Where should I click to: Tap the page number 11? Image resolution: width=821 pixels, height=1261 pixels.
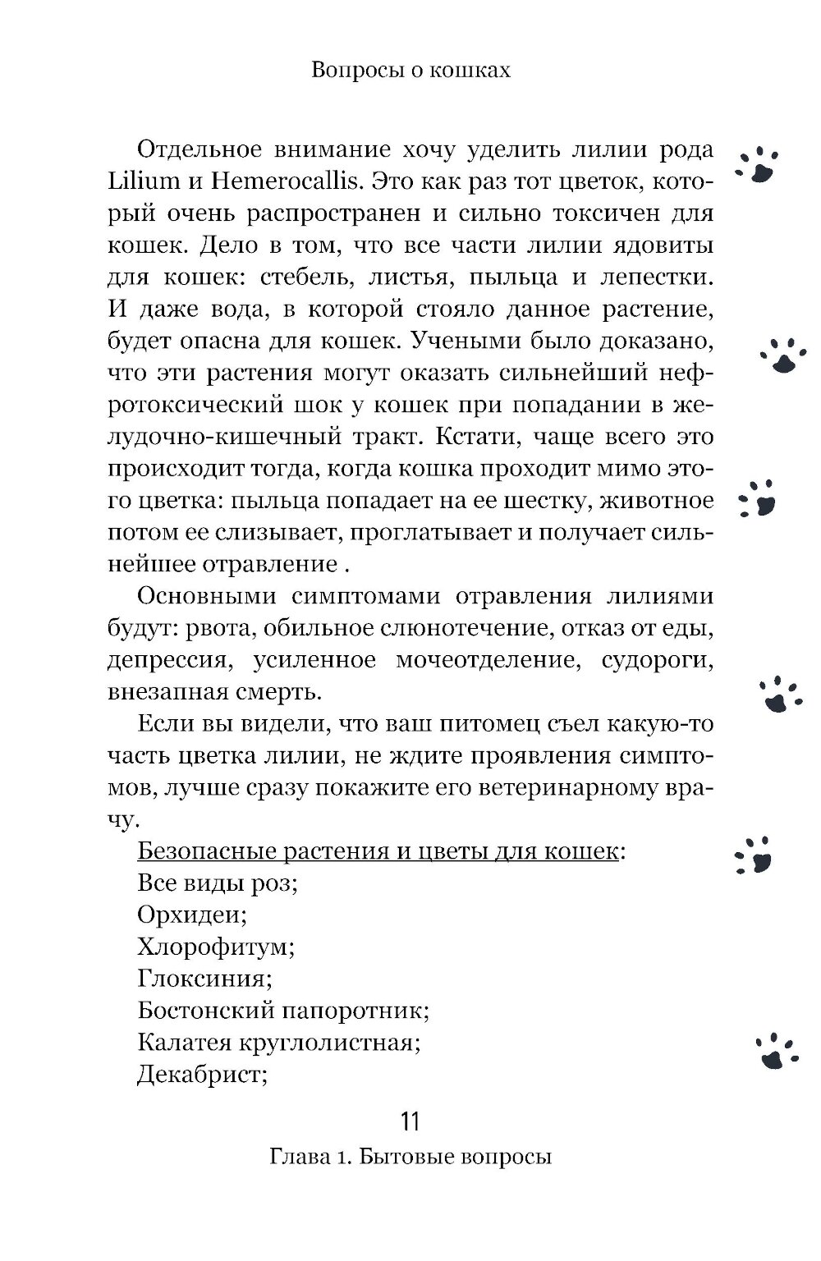410,1121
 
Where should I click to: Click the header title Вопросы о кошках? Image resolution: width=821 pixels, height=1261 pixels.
410,71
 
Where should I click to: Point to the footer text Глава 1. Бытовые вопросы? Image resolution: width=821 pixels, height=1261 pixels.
410,1157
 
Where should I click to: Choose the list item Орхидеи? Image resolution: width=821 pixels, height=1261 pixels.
192,915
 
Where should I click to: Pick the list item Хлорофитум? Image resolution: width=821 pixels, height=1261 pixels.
216,947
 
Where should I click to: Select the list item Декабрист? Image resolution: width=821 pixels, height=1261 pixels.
202,1075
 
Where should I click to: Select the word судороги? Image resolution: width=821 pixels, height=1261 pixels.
656,661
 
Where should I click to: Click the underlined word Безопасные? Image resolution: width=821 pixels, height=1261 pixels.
204,851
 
